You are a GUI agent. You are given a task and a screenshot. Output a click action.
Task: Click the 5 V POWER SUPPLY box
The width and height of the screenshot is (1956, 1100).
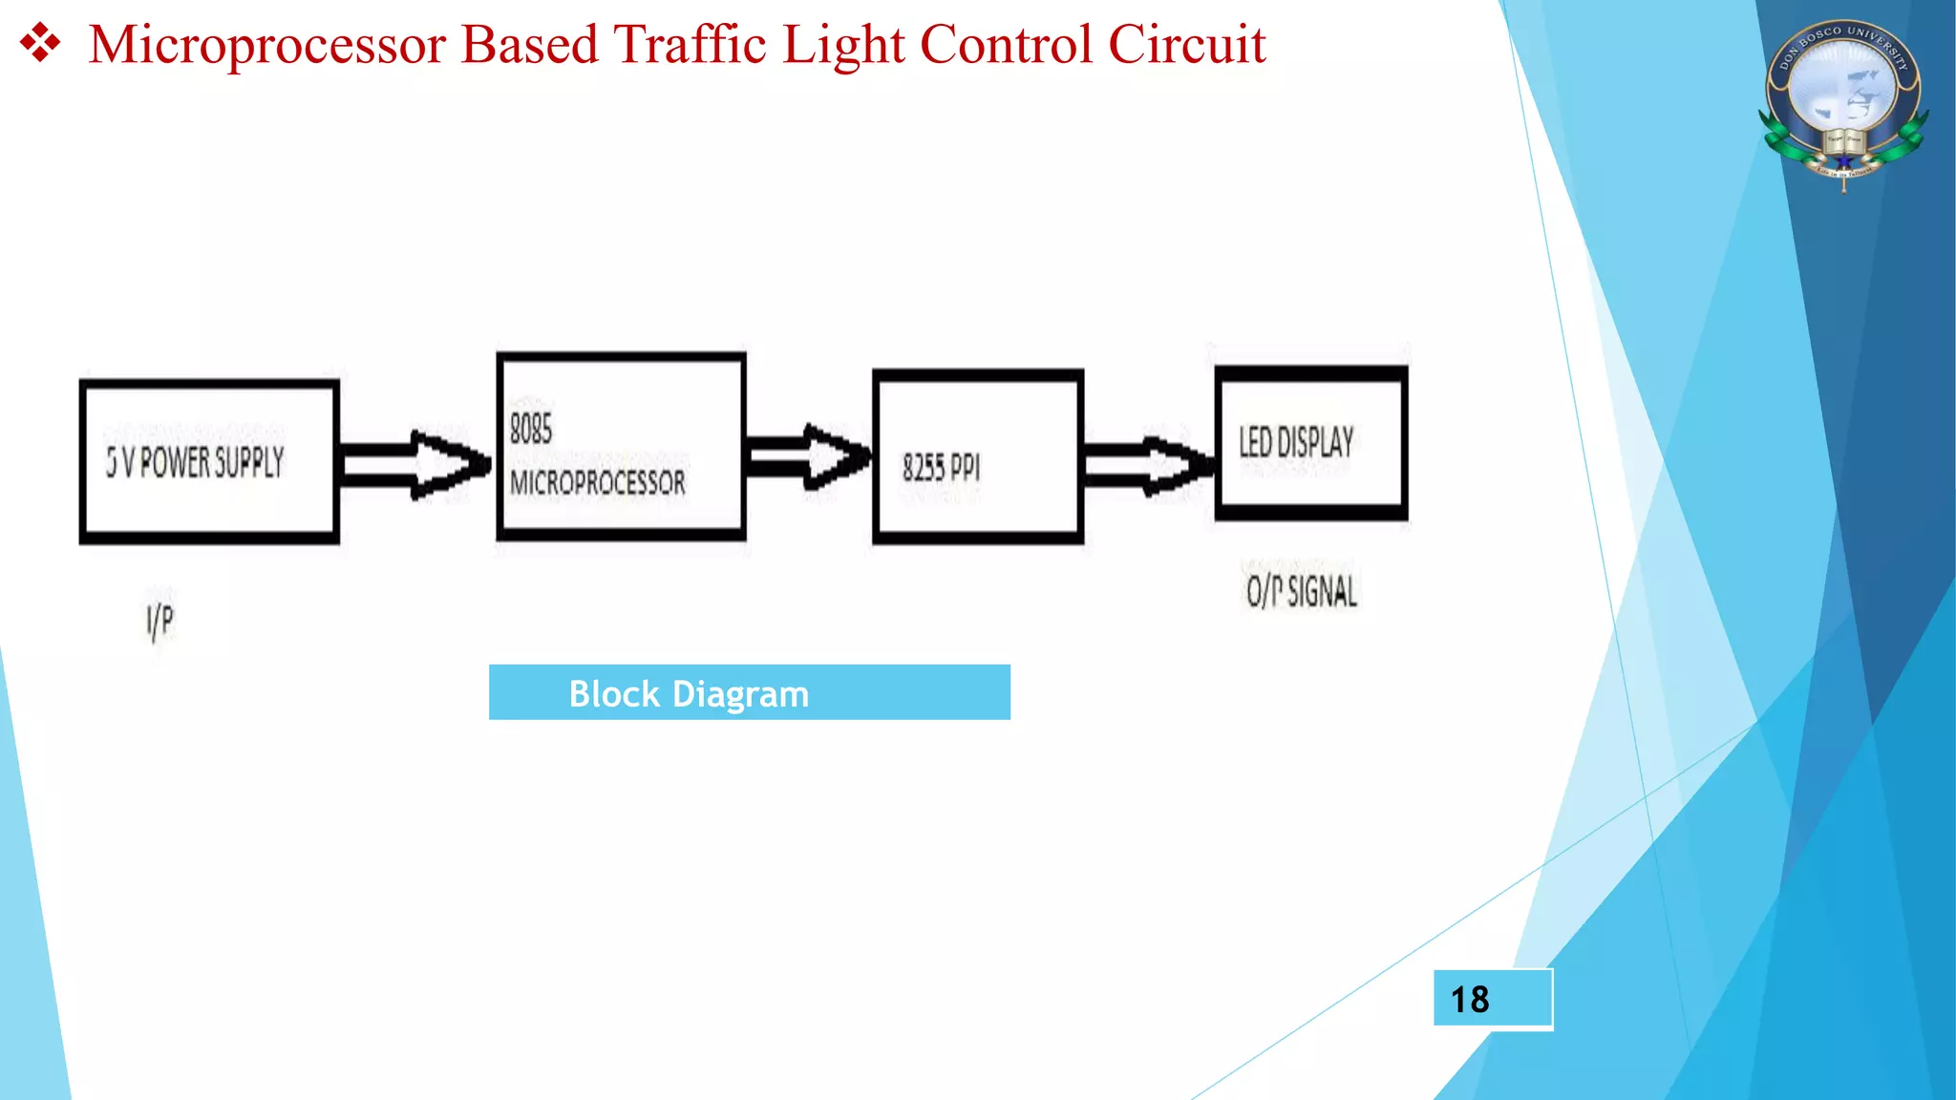tap(209, 462)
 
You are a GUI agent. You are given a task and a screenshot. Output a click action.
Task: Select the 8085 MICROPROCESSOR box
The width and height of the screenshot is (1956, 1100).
tap(621, 446)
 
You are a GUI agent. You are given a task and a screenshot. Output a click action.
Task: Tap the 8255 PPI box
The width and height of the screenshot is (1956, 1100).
tap(978, 456)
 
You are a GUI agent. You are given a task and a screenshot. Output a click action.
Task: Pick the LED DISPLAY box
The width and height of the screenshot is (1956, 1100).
tap(1310, 443)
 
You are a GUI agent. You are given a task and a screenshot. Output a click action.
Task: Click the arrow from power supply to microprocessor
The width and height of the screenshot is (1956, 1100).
tap(416, 464)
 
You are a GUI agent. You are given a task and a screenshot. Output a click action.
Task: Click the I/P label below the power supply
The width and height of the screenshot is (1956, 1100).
tap(160, 622)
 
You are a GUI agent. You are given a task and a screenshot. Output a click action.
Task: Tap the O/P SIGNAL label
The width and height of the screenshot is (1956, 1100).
tap(1301, 591)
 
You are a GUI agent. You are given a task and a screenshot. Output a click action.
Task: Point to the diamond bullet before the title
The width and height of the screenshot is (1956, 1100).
tap(40, 45)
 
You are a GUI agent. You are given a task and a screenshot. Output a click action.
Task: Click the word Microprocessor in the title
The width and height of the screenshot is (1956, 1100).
tap(267, 46)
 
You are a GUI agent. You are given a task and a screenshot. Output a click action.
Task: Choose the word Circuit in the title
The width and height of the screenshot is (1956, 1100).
tap(1187, 45)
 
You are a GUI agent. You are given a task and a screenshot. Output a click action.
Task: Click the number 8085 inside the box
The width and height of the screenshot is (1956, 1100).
tap(531, 429)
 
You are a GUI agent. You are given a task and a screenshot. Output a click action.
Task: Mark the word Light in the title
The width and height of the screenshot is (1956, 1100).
tap(843, 46)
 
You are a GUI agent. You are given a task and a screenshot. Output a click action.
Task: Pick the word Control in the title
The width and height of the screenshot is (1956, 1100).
tap(1006, 45)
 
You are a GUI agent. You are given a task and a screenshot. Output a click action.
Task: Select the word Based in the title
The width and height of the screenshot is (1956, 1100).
tap(529, 45)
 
